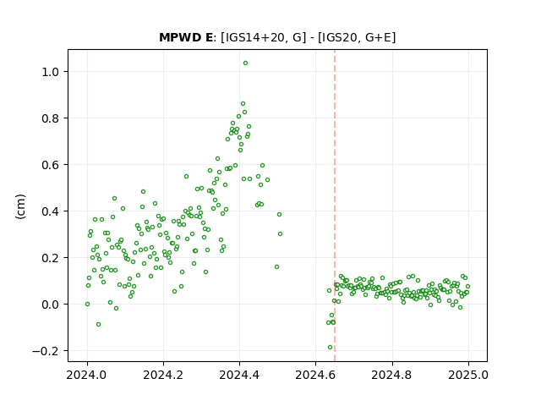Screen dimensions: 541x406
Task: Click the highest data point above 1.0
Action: pyautogui.click(x=245, y=63)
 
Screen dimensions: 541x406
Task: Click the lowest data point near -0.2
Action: pyautogui.click(x=330, y=348)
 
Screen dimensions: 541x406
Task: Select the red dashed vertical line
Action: pyautogui.click(x=335, y=206)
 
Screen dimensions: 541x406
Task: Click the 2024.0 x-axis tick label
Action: pyautogui.click(x=87, y=375)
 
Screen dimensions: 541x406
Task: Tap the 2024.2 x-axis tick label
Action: pyautogui.click(x=163, y=375)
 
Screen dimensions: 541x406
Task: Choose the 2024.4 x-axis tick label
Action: pyautogui.click(x=239, y=375)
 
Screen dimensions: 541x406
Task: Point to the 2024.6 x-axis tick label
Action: pyautogui.click(x=315, y=375)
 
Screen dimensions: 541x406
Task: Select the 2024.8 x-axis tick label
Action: pyautogui.click(x=391, y=375)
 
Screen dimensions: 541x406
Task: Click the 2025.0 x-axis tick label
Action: pyautogui.click(x=468, y=375)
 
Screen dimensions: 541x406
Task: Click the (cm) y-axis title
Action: pyautogui.click(x=20, y=206)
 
